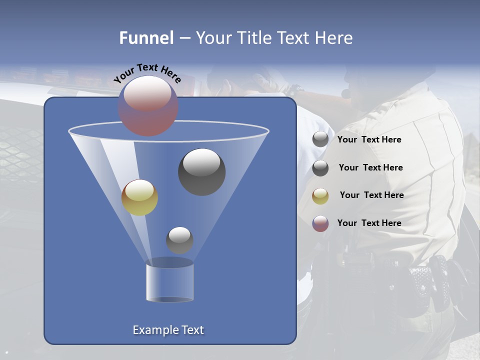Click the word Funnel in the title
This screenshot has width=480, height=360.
pos(146,38)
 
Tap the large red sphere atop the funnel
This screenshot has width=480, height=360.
pos(148,105)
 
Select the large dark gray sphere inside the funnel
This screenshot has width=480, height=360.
pos(201,171)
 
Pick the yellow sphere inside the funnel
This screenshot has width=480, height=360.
pos(139,197)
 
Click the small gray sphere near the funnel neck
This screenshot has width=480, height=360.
pos(179,240)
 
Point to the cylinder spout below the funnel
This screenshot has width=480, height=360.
pos(169,282)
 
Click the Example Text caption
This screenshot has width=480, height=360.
pos(168,330)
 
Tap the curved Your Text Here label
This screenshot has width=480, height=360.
pos(147,73)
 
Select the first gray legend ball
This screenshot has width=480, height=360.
pos(320,139)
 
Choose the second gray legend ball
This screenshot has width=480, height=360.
pos(320,168)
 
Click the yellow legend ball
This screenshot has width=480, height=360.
pos(320,196)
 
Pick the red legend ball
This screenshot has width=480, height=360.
pos(320,223)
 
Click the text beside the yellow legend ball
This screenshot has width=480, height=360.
pos(371,195)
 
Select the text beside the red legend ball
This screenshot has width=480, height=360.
pos(369,223)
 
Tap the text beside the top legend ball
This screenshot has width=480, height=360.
pos(369,139)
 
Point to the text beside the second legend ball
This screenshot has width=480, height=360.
pos(370,167)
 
